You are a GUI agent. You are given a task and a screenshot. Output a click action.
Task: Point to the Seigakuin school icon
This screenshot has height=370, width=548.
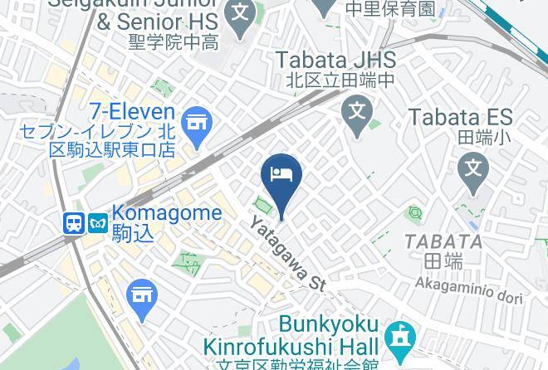(x=241, y=14)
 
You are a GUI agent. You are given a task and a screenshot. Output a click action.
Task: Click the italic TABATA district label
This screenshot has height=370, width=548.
(x=443, y=241)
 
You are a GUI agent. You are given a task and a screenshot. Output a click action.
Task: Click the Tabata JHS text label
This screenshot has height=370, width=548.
(x=335, y=60)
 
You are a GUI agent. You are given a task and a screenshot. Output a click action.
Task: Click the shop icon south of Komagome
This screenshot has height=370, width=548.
(x=142, y=295)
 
